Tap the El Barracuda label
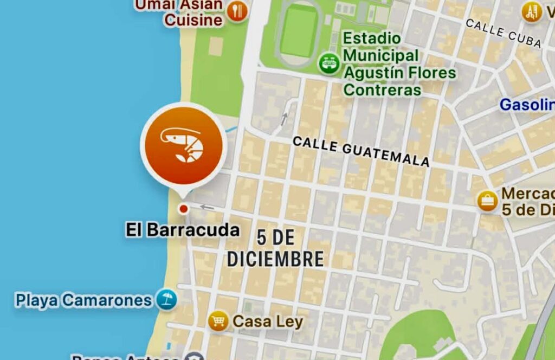pyautogui.click(x=183, y=230)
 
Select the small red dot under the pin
pyautogui.click(x=183, y=209)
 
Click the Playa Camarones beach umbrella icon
pyautogui.click(x=166, y=300)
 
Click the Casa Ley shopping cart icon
pyautogui.click(x=218, y=322)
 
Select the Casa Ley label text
pyautogui.click(x=268, y=322)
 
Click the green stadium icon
pyautogui.click(x=328, y=63)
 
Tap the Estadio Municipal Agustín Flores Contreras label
pyautogui.click(x=399, y=64)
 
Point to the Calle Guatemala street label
pyautogui.click(x=361, y=151)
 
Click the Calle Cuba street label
pyautogui.click(x=503, y=32)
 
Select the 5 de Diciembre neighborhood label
pyautogui.click(x=275, y=248)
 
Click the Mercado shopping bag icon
pyautogui.click(x=487, y=201)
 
